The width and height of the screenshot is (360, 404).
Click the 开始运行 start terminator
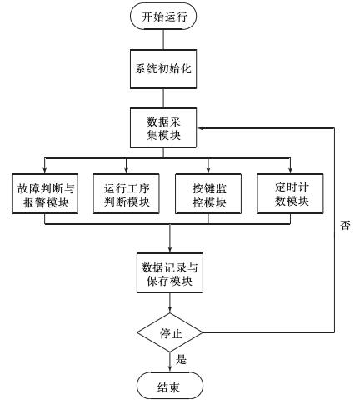tap(163, 16)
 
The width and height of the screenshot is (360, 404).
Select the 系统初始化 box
tap(163, 69)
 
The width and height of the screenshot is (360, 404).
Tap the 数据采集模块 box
tap(163, 127)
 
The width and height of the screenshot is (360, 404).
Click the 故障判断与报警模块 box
tap(45, 193)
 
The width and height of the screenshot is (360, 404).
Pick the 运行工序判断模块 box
tap(127, 193)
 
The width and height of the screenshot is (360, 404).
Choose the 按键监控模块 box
tap(208, 193)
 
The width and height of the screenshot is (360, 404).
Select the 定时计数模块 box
tap(290, 193)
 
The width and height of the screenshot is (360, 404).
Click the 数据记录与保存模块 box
tap(170, 272)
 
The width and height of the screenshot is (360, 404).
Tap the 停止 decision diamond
tap(170, 332)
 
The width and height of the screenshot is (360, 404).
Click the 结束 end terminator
tap(170, 386)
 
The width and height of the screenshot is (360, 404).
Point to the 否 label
tap(345, 225)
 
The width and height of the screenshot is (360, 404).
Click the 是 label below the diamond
tap(181, 359)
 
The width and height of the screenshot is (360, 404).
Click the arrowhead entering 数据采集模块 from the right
tap(201, 128)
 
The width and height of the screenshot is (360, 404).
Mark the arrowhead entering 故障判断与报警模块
tap(45, 170)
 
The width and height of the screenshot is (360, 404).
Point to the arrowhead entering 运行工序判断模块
tap(127, 170)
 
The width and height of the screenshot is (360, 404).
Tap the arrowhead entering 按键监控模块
tap(208, 170)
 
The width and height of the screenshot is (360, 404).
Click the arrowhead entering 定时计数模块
tap(290, 170)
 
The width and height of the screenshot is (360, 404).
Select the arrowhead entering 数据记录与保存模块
tap(170, 249)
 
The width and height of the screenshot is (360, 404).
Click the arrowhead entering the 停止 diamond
tap(170, 309)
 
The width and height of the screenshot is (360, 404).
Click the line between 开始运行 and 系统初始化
tap(163, 39)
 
